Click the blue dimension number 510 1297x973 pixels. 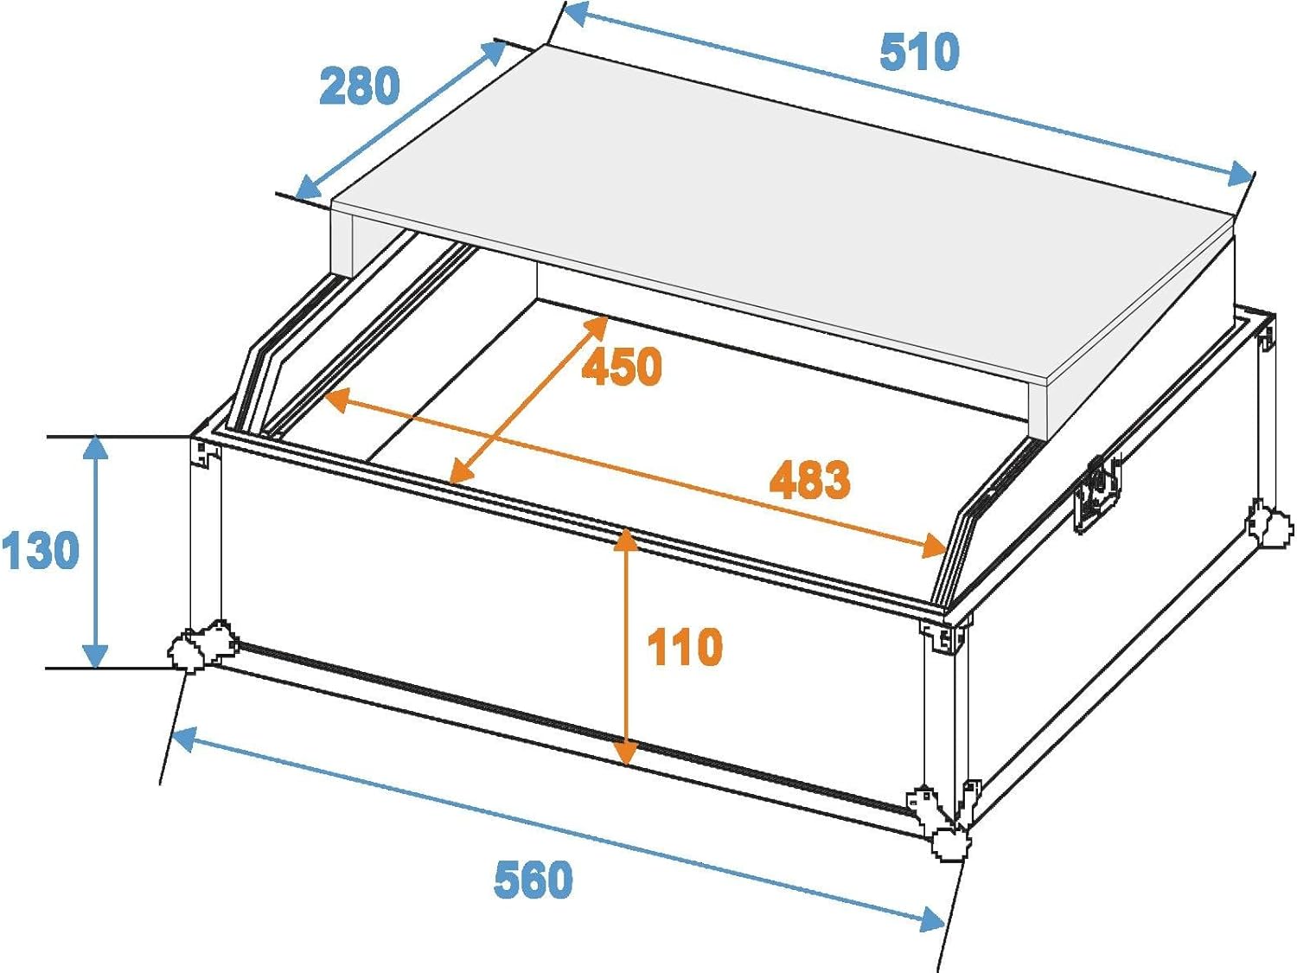(919, 52)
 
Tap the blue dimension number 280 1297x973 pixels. (359, 86)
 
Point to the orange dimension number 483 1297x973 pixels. (810, 478)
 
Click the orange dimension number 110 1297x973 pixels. (685, 647)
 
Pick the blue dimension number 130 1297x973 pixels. (40, 550)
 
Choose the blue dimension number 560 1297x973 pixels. (533, 880)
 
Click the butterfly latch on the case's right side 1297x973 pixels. (1097, 493)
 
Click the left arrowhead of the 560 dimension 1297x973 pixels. (186, 739)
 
